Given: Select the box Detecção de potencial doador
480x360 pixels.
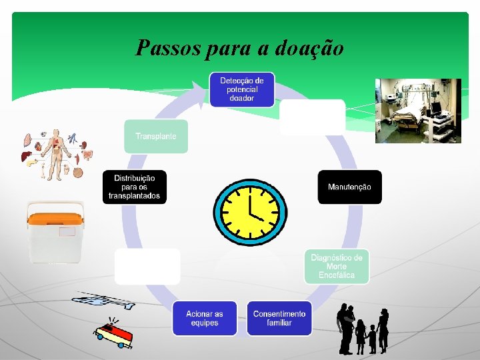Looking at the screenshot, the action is click(241, 89).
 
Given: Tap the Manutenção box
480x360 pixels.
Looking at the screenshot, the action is click(349, 187).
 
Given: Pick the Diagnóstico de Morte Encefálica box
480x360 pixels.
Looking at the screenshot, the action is click(337, 266).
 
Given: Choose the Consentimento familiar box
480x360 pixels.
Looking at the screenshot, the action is click(279, 318).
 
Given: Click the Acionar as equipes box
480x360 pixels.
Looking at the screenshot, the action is click(205, 318).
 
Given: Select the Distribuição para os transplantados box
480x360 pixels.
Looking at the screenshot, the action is click(135, 187).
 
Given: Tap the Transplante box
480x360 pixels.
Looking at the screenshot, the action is click(156, 136).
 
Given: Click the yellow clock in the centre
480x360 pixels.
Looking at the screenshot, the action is click(250, 211).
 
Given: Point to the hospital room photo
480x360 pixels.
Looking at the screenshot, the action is click(418, 111).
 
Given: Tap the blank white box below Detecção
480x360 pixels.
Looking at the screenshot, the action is click(312, 117).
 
